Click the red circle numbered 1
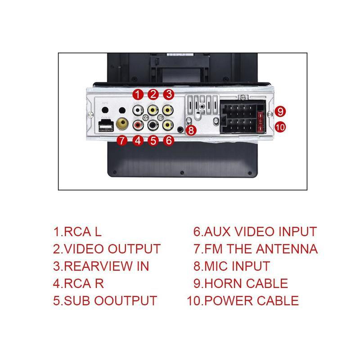tap(138, 94)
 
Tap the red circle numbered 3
tap(168, 94)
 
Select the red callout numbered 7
tap(122, 140)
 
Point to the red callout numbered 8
tap(191, 130)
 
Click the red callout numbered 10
tap(280, 127)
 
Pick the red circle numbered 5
tap(153, 140)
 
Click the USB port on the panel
tap(106, 127)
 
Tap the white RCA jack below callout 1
tap(137, 110)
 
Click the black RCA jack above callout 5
tap(153, 124)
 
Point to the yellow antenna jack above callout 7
tap(122, 122)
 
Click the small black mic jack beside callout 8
tap(181, 130)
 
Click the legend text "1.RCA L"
tap(77, 232)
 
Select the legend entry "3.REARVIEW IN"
tap(101, 266)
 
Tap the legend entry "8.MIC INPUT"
tap(231, 266)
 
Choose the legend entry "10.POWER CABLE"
tap(243, 301)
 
